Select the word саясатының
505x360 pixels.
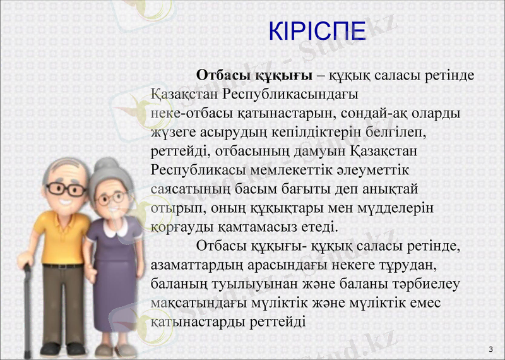[x=187, y=189]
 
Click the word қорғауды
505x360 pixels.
[x=180, y=227]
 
